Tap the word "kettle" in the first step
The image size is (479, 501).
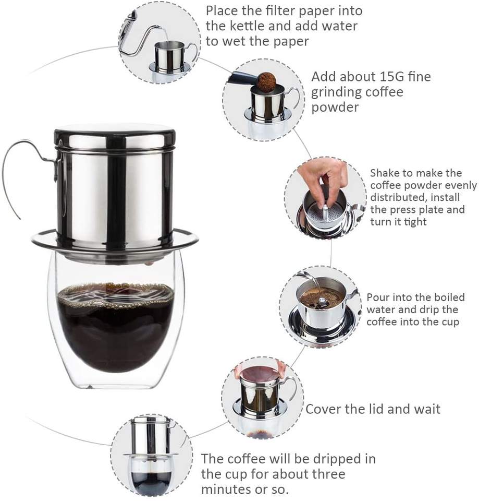(248, 26)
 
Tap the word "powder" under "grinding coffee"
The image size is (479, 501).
(335, 108)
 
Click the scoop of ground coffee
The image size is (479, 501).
(266, 81)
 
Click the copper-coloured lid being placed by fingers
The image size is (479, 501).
(259, 373)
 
